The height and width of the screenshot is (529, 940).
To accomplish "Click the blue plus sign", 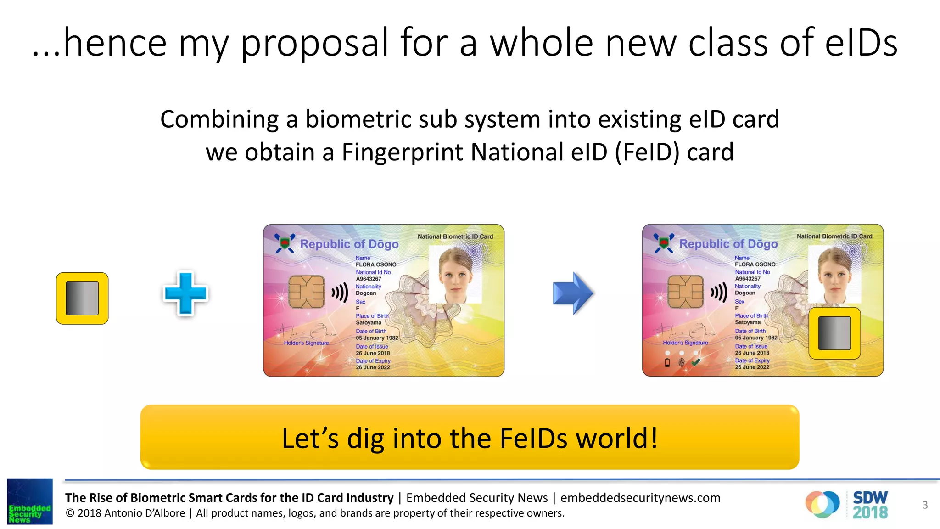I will [x=185, y=293].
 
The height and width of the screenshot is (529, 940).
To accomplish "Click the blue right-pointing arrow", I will [x=573, y=293].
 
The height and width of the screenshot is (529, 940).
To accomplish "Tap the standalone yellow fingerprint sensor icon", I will [x=82, y=298].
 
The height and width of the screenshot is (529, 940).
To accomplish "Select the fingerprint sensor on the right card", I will [x=834, y=333].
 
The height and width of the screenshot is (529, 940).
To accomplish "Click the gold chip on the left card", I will [x=306, y=292].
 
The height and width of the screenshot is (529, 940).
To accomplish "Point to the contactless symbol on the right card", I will [x=719, y=292].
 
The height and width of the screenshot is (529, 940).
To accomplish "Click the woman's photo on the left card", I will [x=455, y=275].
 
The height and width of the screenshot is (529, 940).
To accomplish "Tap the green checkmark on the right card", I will [x=696, y=362].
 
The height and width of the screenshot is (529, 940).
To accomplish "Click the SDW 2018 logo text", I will [x=870, y=505].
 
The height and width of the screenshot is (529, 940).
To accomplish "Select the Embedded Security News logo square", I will [x=30, y=501].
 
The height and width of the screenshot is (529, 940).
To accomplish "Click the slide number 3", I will [x=925, y=505].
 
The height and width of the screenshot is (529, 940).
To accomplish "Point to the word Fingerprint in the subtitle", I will [x=403, y=152].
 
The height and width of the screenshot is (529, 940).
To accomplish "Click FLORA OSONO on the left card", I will [x=376, y=264].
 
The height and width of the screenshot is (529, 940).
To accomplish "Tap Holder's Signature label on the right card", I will [x=685, y=343].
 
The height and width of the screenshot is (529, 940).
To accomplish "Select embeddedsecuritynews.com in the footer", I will [x=640, y=498].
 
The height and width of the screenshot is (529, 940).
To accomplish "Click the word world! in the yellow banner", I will [x=617, y=438].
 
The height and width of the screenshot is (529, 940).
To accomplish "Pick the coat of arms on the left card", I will [x=285, y=243].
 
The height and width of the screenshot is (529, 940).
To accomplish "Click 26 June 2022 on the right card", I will [x=752, y=367].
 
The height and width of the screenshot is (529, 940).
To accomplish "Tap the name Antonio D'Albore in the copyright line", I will [x=145, y=513].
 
